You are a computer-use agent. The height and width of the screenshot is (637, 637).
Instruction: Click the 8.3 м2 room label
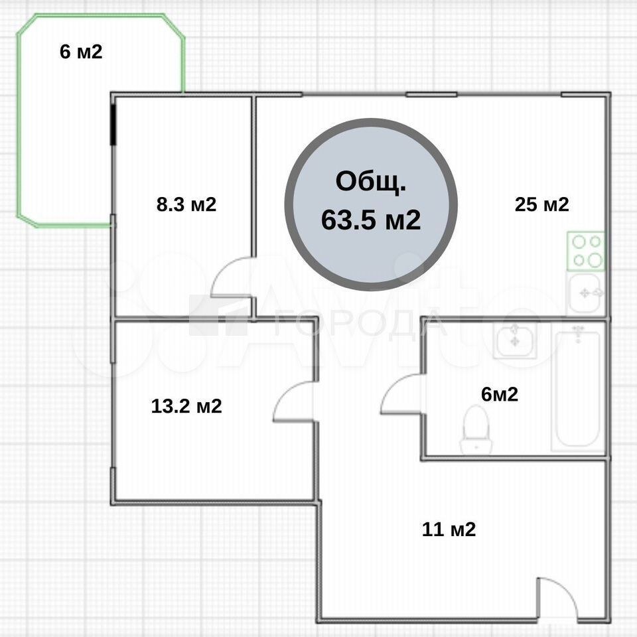tap(186, 204)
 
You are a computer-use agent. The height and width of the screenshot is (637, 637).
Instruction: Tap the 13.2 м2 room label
tap(186, 406)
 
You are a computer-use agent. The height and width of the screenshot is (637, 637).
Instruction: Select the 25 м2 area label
tap(542, 204)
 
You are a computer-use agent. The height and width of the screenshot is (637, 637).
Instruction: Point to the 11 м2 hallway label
tap(449, 530)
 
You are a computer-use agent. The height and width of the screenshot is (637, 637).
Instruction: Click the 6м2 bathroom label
tap(500, 394)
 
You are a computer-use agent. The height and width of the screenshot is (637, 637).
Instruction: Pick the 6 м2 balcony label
tap(81, 52)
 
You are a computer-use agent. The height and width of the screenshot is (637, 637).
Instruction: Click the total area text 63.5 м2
tap(371, 220)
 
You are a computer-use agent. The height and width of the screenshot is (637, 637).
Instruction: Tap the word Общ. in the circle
tap(371, 182)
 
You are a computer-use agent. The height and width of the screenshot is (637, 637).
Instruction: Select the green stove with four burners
tap(585, 251)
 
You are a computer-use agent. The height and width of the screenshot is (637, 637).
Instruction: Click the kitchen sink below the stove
tap(585, 293)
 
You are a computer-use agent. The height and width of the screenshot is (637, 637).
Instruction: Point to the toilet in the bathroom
tap(476, 429)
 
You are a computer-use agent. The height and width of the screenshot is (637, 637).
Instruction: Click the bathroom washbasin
tap(515, 339)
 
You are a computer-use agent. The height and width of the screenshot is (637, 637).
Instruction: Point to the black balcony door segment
tap(113, 124)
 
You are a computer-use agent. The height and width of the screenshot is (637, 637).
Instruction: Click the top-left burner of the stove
tap(579, 242)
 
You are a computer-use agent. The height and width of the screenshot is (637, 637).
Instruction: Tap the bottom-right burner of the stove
tap(595, 260)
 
